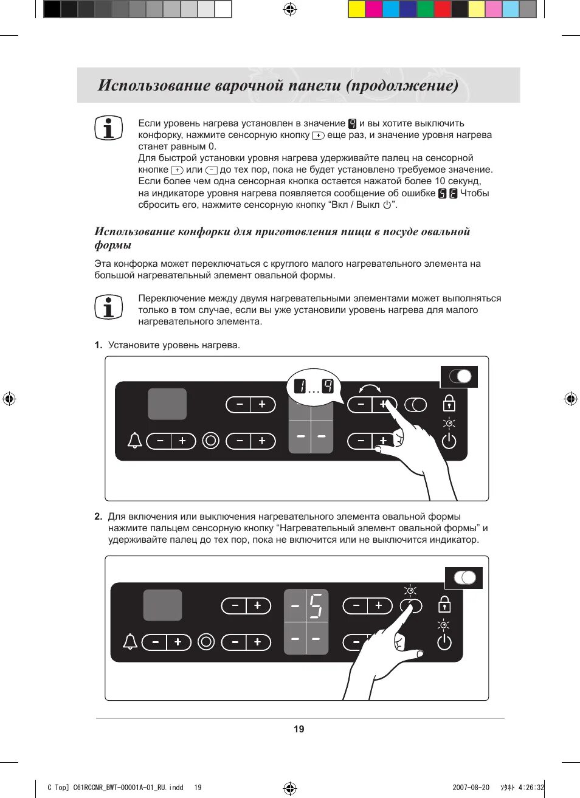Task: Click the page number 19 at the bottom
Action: (299, 729)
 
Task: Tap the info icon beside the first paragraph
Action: (108, 128)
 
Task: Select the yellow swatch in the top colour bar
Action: (356, 9)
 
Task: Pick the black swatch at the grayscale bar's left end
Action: (52, 9)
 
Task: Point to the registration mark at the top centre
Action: (290, 9)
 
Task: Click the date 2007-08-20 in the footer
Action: (471, 787)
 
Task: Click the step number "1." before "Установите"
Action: (98, 345)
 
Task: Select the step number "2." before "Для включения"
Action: (98, 517)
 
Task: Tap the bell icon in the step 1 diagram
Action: (134, 441)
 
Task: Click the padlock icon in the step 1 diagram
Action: (449, 403)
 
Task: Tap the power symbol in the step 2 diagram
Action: (444, 642)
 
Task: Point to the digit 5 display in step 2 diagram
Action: (316, 606)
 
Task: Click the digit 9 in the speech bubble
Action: (328, 386)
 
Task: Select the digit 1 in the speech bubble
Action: (299, 386)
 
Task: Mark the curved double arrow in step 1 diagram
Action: (370, 388)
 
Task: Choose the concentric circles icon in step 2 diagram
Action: (206, 642)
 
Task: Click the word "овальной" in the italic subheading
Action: (447, 232)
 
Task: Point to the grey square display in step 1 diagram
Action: (167, 404)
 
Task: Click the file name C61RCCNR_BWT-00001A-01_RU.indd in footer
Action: (128, 787)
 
